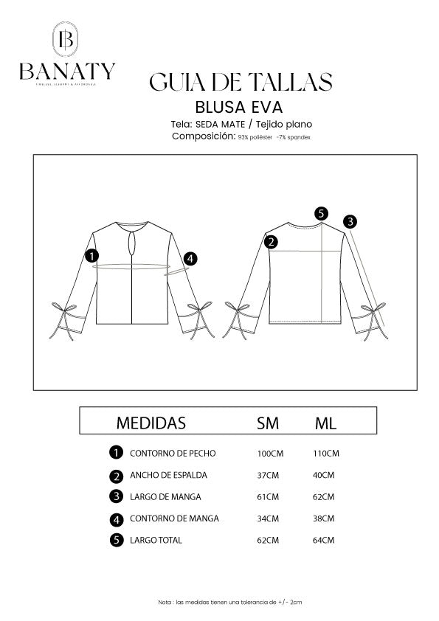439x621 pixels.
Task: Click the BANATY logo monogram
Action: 67,41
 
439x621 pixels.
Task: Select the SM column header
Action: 267,423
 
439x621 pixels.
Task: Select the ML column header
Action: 325,423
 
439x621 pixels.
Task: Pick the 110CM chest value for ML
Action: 325,453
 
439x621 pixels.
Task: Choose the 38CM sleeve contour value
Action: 324,518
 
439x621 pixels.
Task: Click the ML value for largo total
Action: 324,541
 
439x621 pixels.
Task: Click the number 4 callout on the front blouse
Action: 190,258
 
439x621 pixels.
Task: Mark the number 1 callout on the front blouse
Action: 92,256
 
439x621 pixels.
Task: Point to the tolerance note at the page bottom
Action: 230,603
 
